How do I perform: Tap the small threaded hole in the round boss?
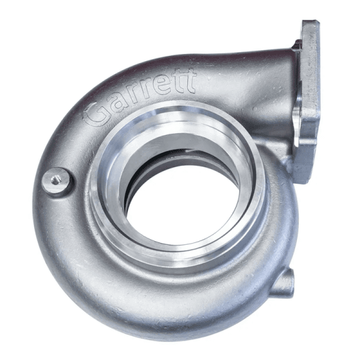pos(56,178)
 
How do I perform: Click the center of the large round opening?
pos(180,198)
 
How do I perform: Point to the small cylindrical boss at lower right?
pos(287,281)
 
